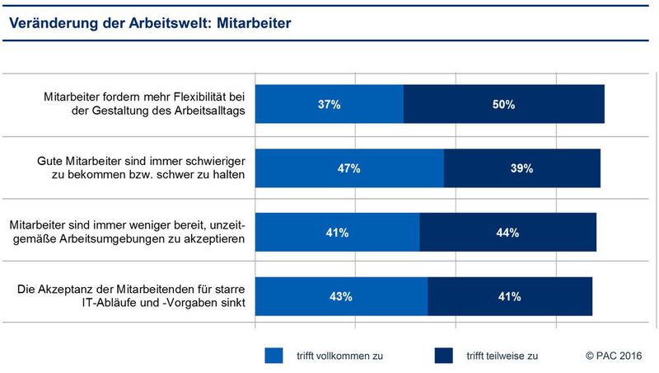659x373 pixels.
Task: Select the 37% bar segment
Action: click(x=329, y=104)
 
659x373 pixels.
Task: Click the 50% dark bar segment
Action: click(x=503, y=104)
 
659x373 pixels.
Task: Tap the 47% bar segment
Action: click(x=349, y=168)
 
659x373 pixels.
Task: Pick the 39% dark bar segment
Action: click(x=521, y=168)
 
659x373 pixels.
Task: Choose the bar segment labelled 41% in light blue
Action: click(x=338, y=233)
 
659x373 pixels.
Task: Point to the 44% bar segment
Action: click(x=507, y=233)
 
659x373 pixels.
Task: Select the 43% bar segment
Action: click(x=341, y=296)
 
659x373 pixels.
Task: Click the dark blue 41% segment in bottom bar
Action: click(x=509, y=296)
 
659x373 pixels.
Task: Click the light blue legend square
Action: click(x=273, y=356)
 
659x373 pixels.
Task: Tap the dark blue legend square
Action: click(x=444, y=356)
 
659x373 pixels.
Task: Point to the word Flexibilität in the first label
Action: click(x=201, y=97)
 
